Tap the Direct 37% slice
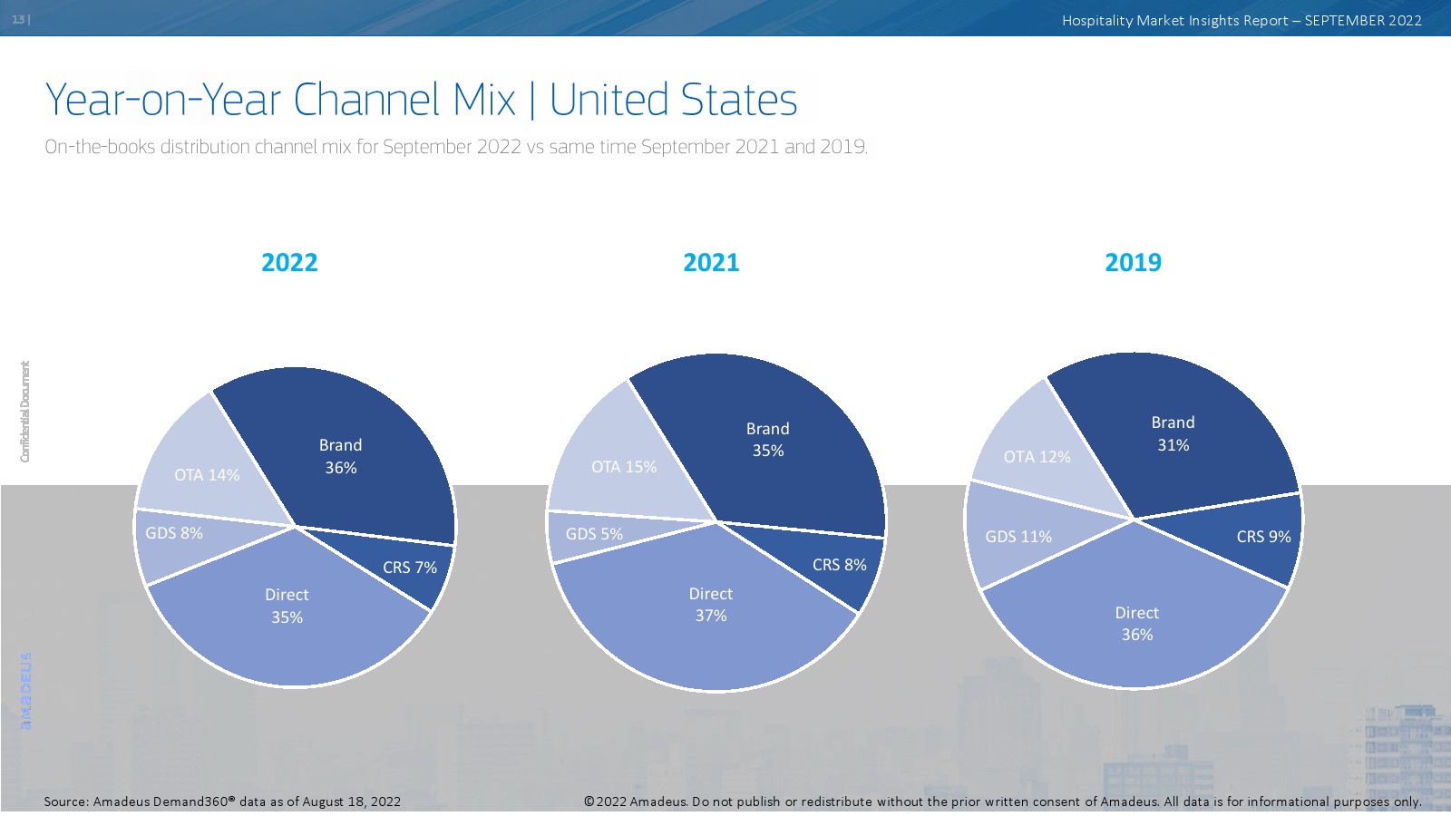[x=710, y=617]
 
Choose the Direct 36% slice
[x=1136, y=626]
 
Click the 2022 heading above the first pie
[x=289, y=263]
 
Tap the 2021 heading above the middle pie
[x=711, y=263]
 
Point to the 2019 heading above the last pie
[x=1133, y=263]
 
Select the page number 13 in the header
[x=18, y=19]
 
